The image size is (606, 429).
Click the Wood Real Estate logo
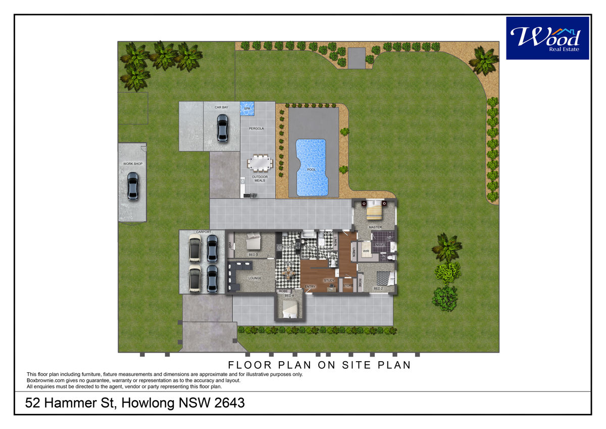(x=547, y=38)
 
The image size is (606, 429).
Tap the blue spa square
(x=247, y=108)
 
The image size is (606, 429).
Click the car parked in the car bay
(x=222, y=127)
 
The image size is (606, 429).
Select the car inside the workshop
(x=132, y=186)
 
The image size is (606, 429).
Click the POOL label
(x=312, y=170)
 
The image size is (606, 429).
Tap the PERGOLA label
(x=257, y=128)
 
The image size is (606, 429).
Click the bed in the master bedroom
(x=374, y=210)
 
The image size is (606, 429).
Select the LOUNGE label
(x=255, y=278)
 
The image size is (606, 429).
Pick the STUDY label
(x=329, y=280)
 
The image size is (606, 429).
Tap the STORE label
(x=348, y=286)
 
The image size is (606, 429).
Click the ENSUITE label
(x=380, y=245)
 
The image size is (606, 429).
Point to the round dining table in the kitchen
(x=289, y=274)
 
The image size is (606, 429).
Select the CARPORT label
(x=204, y=232)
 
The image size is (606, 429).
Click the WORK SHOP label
(x=132, y=164)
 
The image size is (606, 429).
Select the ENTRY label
(x=310, y=287)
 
